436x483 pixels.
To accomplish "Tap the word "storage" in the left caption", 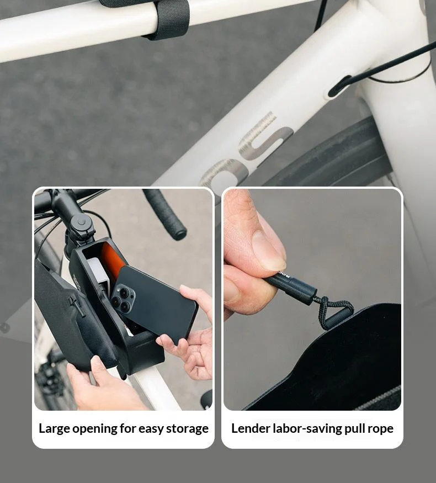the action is [187, 429].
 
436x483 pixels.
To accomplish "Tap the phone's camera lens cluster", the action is [123, 298].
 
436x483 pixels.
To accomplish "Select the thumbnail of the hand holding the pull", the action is [312, 299].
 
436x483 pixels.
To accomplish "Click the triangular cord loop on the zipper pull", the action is [333, 312].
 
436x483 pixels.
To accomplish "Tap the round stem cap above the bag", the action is [81, 222].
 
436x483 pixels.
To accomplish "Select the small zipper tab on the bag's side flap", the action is [77, 306].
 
